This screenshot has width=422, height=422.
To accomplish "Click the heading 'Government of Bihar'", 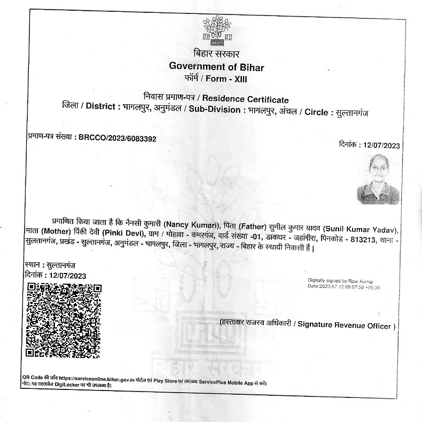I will pos(216,66).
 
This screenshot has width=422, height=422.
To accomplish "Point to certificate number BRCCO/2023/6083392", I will pos(118,138).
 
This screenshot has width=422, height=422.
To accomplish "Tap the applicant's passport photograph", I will pos(378,179).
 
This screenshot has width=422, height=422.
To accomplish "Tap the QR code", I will pos(64,320).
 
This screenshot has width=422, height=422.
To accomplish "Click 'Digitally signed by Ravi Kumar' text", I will pos(340,280).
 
